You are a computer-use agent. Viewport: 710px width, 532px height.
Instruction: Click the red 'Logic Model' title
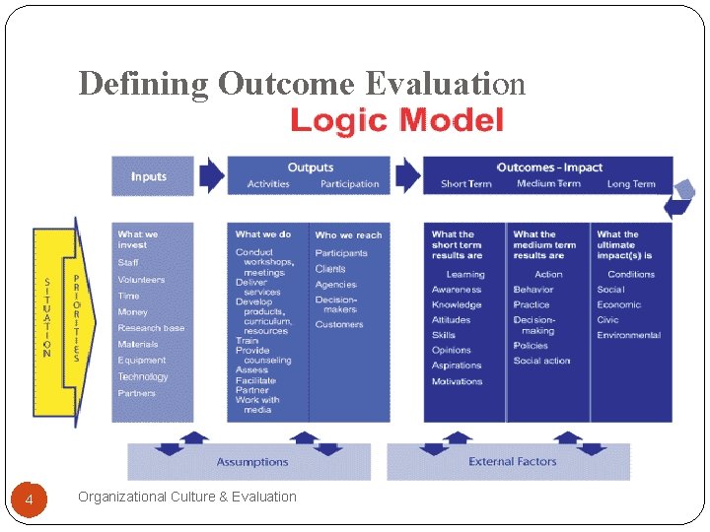(x=396, y=121)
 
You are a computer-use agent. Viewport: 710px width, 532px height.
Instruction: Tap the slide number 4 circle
(x=30, y=501)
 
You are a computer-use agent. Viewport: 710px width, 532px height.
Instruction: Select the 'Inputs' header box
(x=149, y=176)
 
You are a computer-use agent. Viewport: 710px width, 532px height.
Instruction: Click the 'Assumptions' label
(x=252, y=462)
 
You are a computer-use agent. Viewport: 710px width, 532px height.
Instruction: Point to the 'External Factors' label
(x=512, y=461)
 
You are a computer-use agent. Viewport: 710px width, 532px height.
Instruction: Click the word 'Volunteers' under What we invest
(x=141, y=280)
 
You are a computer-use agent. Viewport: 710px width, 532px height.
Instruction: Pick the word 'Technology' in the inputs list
(x=143, y=376)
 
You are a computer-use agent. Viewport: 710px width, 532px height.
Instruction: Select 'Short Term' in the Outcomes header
(x=466, y=184)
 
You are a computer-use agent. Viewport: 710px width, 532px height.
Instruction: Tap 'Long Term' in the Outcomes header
(x=631, y=184)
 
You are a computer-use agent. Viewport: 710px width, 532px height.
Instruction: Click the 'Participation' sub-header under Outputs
(x=349, y=184)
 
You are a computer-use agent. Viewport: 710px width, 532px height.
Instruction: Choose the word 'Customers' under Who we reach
(x=339, y=325)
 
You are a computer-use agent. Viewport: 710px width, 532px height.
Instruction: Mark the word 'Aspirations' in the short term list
(x=457, y=366)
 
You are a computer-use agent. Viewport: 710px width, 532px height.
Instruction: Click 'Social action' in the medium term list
(x=541, y=362)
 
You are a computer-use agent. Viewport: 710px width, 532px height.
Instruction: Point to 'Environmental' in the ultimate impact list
(x=628, y=336)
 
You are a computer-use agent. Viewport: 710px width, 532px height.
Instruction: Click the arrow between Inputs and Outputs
(x=211, y=175)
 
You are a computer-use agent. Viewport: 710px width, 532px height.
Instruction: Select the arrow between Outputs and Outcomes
(x=406, y=175)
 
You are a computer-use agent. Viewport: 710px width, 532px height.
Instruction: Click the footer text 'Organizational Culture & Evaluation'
(x=187, y=497)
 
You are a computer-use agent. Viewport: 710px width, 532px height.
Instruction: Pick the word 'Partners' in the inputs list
(x=137, y=393)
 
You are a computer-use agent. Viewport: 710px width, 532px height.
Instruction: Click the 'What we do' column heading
(x=263, y=234)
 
